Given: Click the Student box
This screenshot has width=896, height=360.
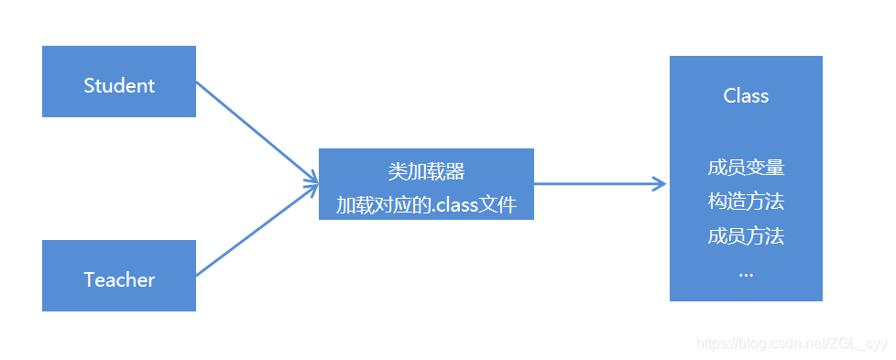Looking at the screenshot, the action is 119,82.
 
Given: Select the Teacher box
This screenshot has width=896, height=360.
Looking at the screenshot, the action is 119,275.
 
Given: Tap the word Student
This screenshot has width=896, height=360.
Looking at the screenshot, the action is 119,86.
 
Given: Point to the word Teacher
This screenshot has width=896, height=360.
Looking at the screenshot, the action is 119,280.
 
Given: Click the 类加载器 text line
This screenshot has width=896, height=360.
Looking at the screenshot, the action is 426,171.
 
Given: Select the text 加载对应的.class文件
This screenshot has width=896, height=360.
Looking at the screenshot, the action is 426,205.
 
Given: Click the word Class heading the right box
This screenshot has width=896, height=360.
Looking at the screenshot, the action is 746,96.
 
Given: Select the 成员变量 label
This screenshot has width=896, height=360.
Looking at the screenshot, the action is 746,169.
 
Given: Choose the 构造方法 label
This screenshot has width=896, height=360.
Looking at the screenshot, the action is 746,202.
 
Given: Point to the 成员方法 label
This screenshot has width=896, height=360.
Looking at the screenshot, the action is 746,236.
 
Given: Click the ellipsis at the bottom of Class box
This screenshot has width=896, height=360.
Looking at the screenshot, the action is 746,272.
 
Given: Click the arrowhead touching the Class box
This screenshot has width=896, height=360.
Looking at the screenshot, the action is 660,184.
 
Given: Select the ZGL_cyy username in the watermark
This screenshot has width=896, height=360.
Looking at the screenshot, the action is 861,344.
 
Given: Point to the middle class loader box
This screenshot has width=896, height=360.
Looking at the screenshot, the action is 426,184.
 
